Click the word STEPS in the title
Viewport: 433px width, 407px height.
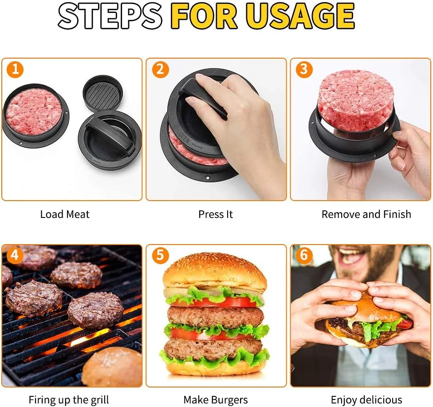pyautogui.click(x=110, y=16)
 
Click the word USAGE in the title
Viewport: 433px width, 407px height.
pyautogui.click(x=300, y=16)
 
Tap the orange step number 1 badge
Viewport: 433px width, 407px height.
pyautogui.click(x=15, y=69)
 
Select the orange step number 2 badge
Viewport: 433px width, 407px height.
pyautogui.click(x=160, y=69)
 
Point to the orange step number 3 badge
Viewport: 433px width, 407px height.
pyautogui.click(x=304, y=69)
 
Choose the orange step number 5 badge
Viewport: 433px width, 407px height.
pyautogui.click(x=160, y=255)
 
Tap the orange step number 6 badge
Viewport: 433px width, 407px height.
pyautogui.click(x=304, y=255)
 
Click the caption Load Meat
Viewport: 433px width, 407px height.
pyautogui.click(x=65, y=214)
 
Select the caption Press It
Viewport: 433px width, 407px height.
pyautogui.click(x=216, y=214)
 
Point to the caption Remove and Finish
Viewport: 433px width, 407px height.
pyautogui.click(x=366, y=214)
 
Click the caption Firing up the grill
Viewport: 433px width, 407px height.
pyautogui.click(x=69, y=400)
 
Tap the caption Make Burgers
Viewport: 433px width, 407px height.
pyautogui.click(x=216, y=400)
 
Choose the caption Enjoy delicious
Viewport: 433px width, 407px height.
pyautogui.click(x=366, y=400)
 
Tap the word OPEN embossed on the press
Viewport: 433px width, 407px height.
pyautogui.click(x=185, y=137)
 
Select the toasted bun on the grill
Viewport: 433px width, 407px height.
pyautogui.click(x=112, y=367)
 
